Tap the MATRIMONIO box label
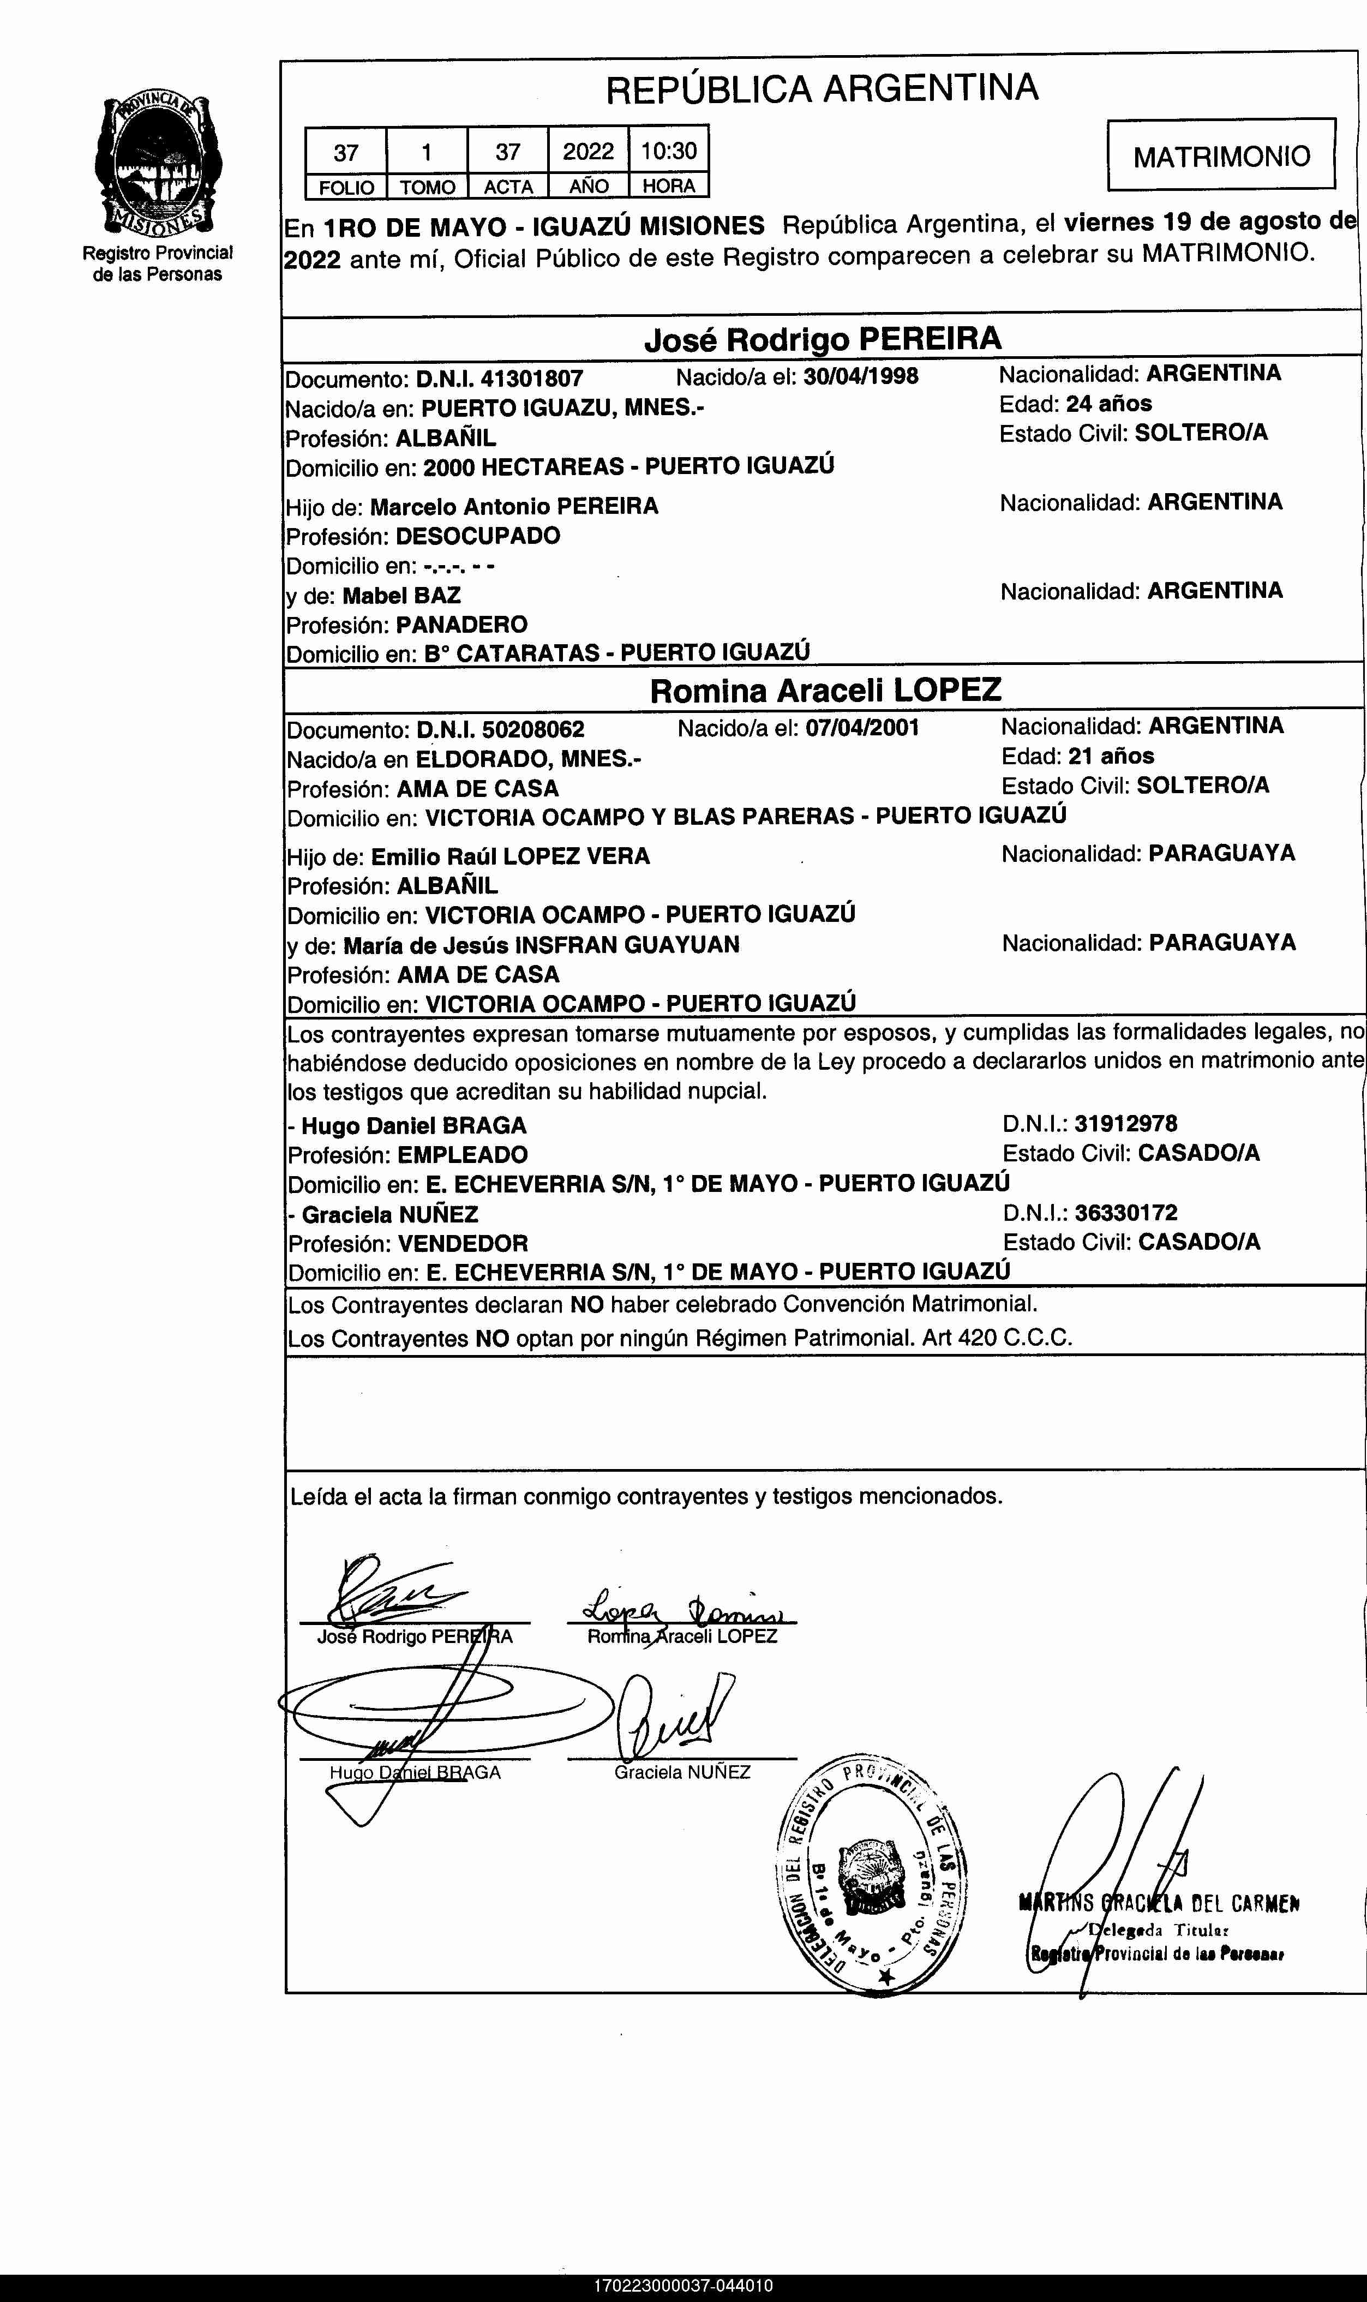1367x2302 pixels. pos(1221,155)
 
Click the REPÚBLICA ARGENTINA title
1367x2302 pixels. pos(822,88)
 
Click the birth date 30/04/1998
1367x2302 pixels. pos(860,376)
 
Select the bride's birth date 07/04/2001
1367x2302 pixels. pos(862,728)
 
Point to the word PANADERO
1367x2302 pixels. pos(461,625)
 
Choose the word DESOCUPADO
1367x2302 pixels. pos(477,535)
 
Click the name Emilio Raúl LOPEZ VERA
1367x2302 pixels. pos(511,856)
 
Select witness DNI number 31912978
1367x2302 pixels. pos(1126,1123)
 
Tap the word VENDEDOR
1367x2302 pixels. pos(463,1243)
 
